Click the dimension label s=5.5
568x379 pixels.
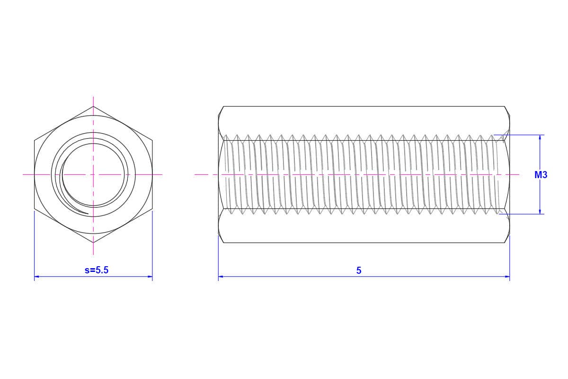[97, 270]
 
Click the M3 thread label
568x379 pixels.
[541, 175]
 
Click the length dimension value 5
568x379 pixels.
[359, 271]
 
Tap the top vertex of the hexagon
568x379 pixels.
[93, 107]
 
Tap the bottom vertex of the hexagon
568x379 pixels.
[93, 243]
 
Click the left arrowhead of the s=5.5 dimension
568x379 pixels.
[36, 277]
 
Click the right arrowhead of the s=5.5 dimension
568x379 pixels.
[150, 277]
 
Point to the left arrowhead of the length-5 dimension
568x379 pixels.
[221, 277]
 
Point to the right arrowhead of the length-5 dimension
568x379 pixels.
[507, 277]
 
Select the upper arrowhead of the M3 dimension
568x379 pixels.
[540, 137]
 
